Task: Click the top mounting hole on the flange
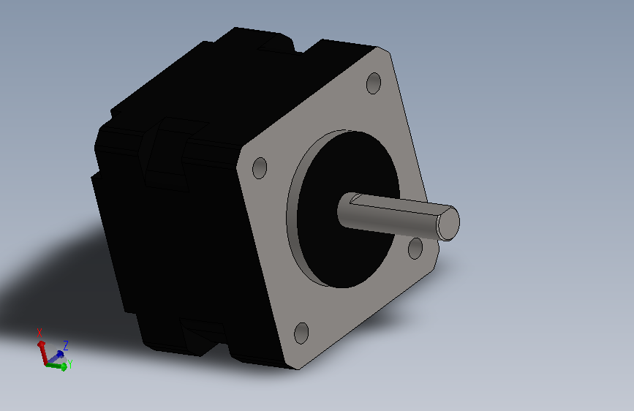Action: pos(374,83)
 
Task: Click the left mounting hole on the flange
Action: pos(260,168)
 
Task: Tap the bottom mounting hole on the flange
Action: pos(301,333)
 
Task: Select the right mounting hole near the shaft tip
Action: pos(415,249)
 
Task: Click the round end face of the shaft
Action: pos(449,223)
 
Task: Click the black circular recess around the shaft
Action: pos(348,243)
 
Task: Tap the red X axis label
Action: pos(39,333)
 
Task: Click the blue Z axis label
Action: pos(66,345)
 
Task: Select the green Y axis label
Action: pos(70,364)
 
